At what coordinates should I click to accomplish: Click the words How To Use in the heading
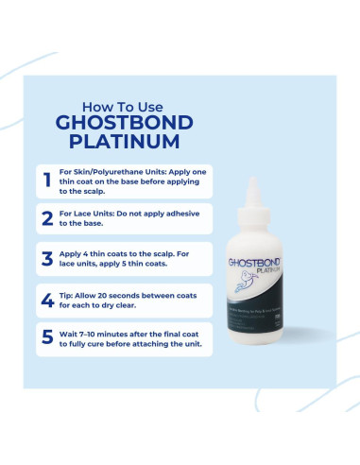(126, 105)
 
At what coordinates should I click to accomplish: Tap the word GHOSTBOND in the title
(127, 124)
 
